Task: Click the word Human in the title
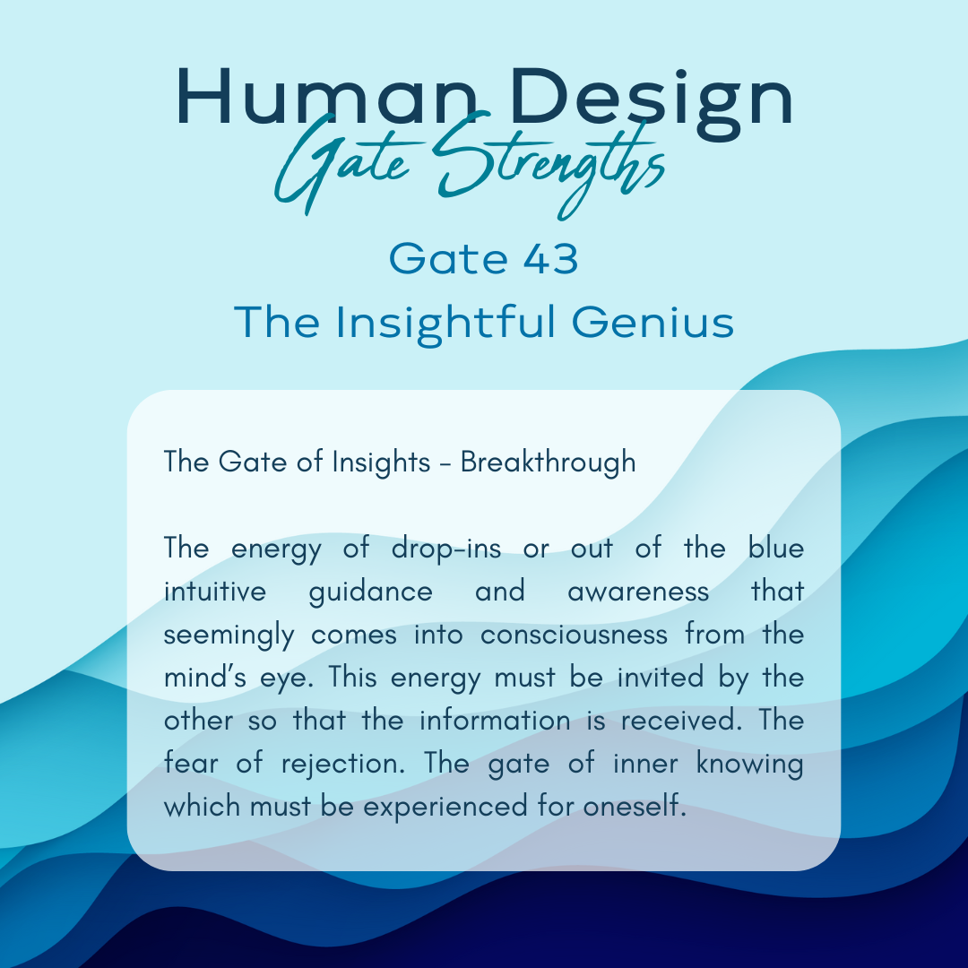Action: [328, 98]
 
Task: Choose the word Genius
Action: [653, 322]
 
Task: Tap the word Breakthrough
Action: [549, 462]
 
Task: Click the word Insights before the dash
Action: [381, 462]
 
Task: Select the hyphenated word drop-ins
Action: [446, 549]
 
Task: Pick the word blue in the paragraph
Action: [776, 548]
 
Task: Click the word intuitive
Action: [215, 591]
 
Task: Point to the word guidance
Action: [370, 592]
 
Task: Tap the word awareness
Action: [638, 592]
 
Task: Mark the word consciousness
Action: [575, 635]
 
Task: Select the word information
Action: [495, 721]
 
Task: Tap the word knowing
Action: [750, 765]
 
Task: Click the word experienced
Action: [445, 808]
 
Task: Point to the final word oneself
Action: [635, 807]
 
